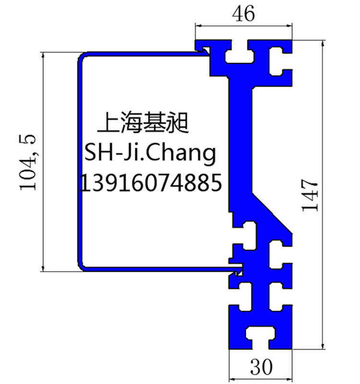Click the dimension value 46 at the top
[x=243, y=13]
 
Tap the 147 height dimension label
[x=309, y=195]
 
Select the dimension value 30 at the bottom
[x=261, y=367]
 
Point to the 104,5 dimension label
[x=27, y=162]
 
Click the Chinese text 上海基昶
[x=143, y=122]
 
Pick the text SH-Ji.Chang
[x=150, y=153]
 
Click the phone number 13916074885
[x=151, y=183]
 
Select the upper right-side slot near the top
[x=279, y=61]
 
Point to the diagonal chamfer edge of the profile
[x=273, y=212]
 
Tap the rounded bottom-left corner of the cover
[x=82, y=268]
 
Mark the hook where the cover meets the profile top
[x=205, y=51]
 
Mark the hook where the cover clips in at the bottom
[x=237, y=271]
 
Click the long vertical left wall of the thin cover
[x=80, y=162]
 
